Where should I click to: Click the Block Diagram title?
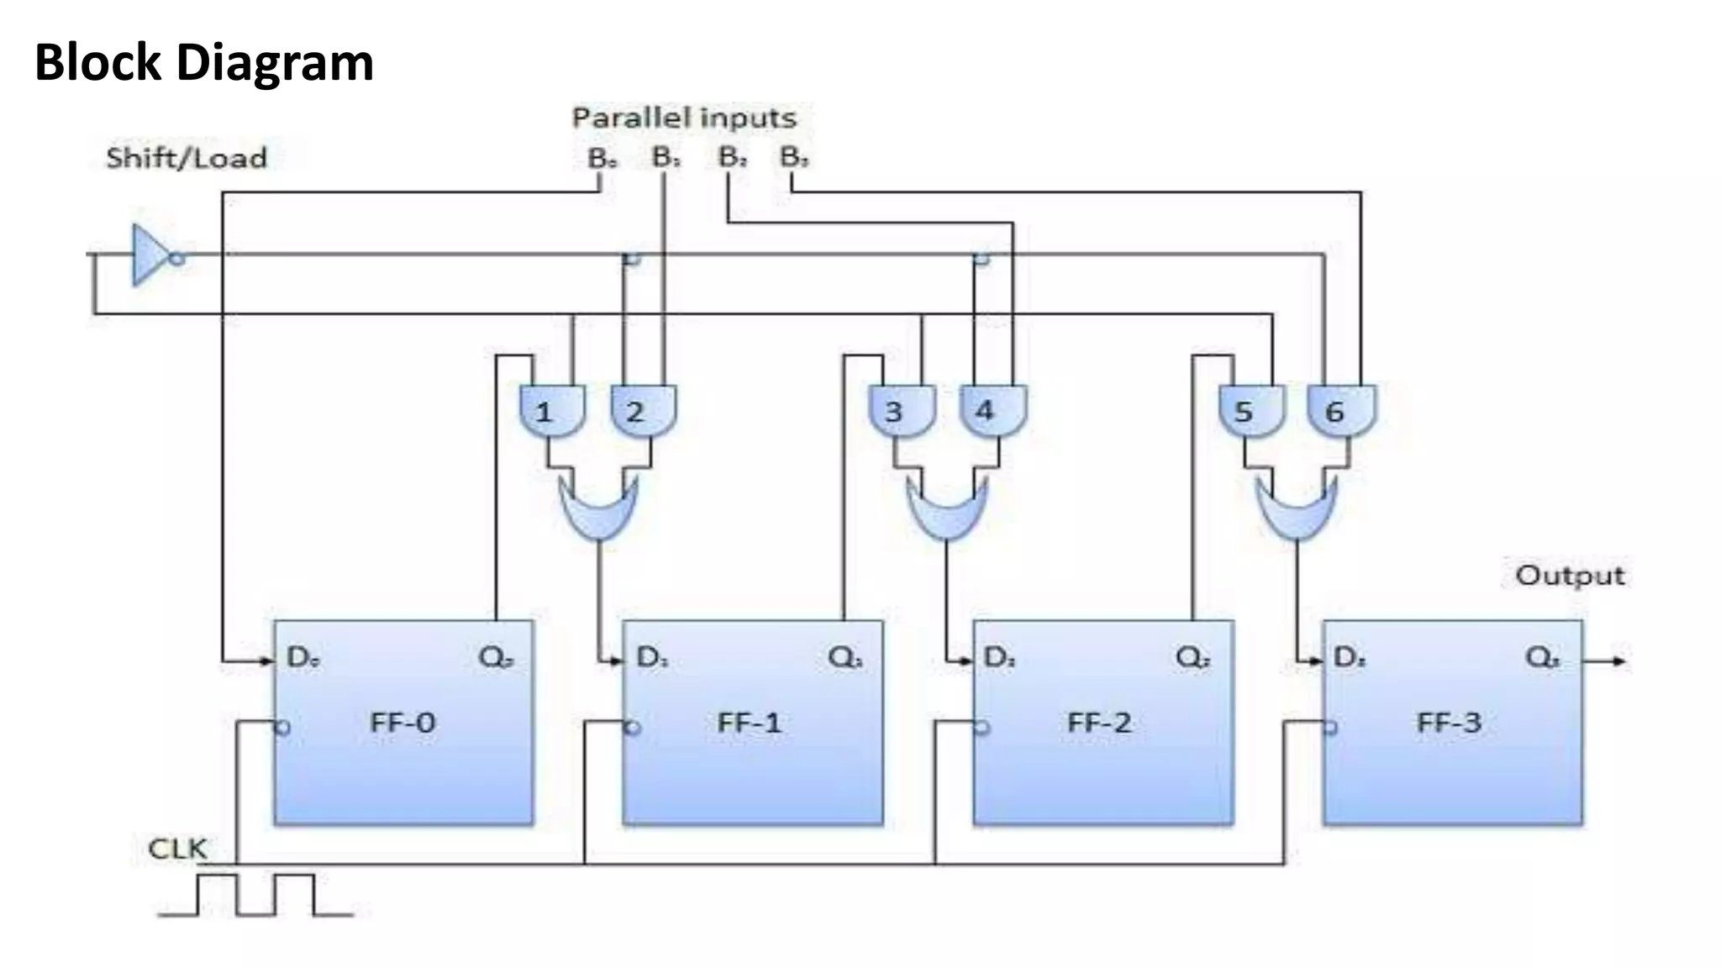click(x=203, y=63)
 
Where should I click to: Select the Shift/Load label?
click(x=187, y=158)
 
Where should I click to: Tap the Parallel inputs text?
click(x=684, y=118)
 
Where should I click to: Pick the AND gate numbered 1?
click(x=552, y=411)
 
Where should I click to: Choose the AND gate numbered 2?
click(x=643, y=411)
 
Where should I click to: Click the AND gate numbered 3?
click(x=902, y=411)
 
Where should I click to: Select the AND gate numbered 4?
click(x=992, y=411)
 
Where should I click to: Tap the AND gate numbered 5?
click(x=1251, y=411)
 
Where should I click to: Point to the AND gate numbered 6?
click(x=1342, y=411)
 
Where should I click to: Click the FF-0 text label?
click(x=403, y=723)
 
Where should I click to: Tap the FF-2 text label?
click(x=1099, y=723)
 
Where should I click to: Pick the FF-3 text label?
click(x=1449, y=723)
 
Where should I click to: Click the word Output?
click(x=1569, y=576)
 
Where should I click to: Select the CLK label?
click(x=177, y=849)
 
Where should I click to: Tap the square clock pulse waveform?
click(x=255, y=896)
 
